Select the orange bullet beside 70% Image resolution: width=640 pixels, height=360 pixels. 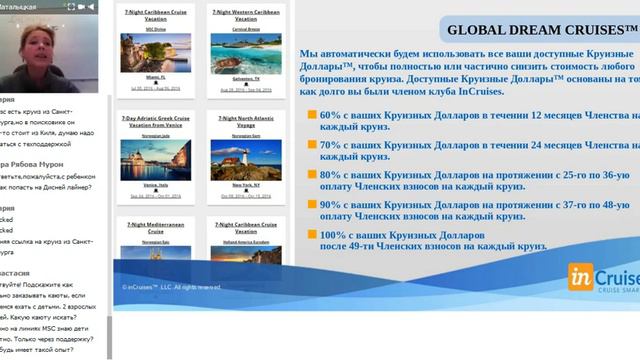(313, 146)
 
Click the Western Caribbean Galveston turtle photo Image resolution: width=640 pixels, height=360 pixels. (240, 51)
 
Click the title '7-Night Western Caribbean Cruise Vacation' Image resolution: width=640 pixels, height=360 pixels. (240, 15)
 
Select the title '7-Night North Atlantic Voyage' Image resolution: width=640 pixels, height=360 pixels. (240, 120)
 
